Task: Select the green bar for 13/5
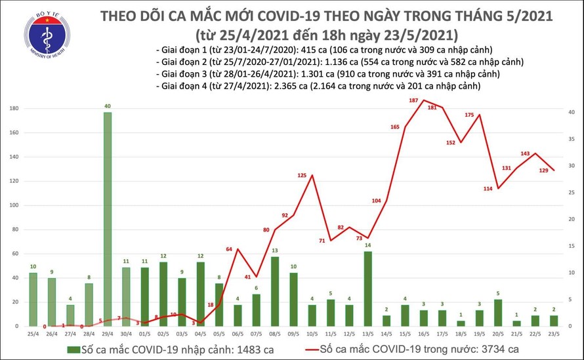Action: coord(368,289)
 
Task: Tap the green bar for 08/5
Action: coord(275,291)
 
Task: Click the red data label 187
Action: coord(413,100)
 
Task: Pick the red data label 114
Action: coord(488,189)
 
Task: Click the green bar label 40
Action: coord(108,106)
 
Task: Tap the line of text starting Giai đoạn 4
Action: coord(318,86)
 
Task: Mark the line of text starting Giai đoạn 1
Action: coord(324,50)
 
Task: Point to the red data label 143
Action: coord(525,153)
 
